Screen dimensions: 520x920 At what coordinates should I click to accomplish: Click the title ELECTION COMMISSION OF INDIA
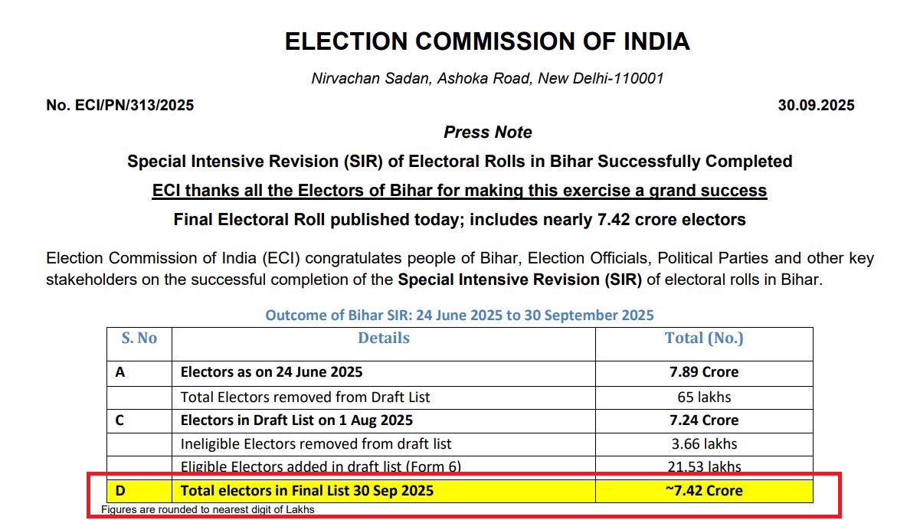click(x=487, y=41)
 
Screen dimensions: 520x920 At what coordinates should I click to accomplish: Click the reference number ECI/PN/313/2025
click(x=120, y=106)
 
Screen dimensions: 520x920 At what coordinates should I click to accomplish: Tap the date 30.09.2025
click(x=816, y=106)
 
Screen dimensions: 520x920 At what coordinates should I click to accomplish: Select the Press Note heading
click(x=487, y=132)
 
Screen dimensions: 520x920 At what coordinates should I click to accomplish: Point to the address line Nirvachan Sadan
click(x=487, y=78)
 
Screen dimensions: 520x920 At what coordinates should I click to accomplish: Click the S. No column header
click(x=139, y=338)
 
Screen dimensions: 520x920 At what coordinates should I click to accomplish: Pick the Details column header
click(x=384, y=338)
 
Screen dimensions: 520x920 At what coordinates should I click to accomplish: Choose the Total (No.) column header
click(x=704, y=338)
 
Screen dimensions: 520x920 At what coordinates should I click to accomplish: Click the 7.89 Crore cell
click(x=704, y=372)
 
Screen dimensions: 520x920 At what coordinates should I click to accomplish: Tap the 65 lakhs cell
click(x=704, y=397)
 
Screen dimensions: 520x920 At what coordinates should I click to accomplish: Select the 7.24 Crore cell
click(x=704, y=420)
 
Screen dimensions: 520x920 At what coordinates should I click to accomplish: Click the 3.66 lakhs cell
click(x=704, y=443)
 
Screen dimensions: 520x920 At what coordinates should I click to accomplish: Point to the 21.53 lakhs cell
click(x=704, y=466)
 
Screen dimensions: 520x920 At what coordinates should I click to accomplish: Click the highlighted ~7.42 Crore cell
click(x=704, y=490)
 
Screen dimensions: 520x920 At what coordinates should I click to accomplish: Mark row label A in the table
click(x=120, y=372)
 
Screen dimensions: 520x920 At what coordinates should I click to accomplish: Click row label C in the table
click(x=120, y=420)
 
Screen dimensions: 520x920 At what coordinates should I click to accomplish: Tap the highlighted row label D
click(x=120, y=490)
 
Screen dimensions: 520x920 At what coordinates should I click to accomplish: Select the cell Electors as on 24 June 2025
click(x=271, y=372)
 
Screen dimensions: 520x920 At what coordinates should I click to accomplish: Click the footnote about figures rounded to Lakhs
click(x=208, y=509)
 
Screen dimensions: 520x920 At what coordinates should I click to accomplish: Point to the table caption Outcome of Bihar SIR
click(x=460, y=316)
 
